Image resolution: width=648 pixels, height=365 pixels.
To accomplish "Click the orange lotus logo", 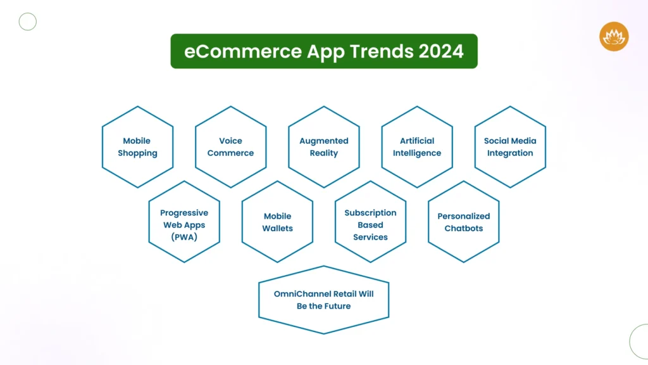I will (x=614, y=36).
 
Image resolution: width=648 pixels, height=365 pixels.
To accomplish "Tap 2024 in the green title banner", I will (x=441, y=51).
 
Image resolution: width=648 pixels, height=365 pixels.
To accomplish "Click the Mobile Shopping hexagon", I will (x=137, y=147).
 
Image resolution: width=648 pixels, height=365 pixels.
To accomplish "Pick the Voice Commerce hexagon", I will (x=230, y=147).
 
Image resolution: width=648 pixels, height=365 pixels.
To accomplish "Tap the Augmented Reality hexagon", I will (x=324, y=147).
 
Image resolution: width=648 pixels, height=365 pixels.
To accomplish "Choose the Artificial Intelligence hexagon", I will (x=417, y=147).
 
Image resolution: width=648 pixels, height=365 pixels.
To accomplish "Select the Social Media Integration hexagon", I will (x=510, y=147).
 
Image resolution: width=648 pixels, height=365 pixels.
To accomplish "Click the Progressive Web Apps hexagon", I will (x=184, y=222).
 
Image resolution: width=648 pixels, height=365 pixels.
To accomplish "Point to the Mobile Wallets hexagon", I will (x=277, y=222).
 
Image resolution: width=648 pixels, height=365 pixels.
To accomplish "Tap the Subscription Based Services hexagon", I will (x=370, y=222).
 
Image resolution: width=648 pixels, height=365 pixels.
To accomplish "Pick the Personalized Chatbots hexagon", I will (x=464, y=222).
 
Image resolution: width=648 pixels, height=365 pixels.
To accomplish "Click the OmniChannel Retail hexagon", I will (x=324, y=300).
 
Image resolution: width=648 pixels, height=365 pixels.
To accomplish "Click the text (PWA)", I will (x=184, y=237).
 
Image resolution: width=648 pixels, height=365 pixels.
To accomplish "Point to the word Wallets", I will (x=278, y=228).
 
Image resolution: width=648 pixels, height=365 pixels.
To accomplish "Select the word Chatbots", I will (x=464, y=228).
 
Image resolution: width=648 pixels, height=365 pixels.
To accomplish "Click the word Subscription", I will (x=370, y=213).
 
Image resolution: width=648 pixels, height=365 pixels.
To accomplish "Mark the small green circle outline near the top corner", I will (x=28, y=22).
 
